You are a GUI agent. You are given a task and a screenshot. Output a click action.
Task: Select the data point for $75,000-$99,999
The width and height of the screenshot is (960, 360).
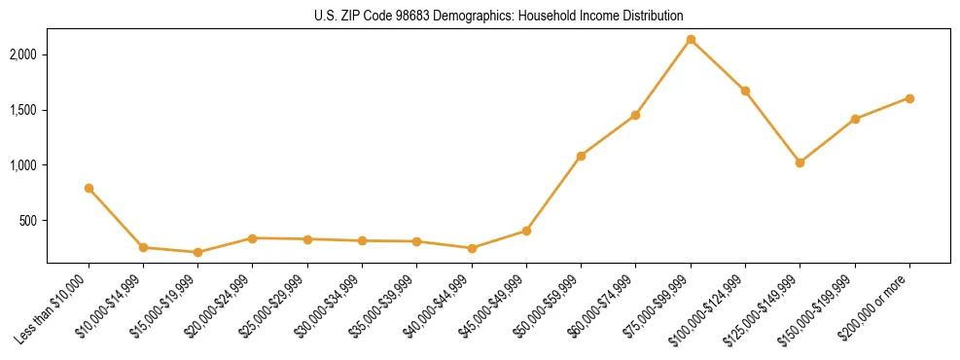tap(691, 40)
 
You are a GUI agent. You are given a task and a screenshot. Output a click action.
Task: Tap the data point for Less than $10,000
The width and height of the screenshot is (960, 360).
tap(89, 188)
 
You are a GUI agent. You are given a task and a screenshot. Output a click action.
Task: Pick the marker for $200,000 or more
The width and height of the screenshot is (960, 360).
tap(909, 98)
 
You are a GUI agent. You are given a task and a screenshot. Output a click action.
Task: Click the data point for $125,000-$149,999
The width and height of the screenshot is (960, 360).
tap(800, 162)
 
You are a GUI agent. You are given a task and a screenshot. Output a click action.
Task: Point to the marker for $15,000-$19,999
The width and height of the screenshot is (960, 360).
tap(198, 252)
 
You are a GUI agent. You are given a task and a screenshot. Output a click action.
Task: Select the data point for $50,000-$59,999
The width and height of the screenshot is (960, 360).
tap(581, 156)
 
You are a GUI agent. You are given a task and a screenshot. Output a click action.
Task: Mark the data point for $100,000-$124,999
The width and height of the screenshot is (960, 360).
tap(745, 90)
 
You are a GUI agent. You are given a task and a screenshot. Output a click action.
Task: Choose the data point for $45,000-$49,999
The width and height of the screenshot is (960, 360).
tap(526, 231)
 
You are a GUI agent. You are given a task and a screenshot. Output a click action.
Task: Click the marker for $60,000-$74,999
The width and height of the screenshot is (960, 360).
tap(635, 115)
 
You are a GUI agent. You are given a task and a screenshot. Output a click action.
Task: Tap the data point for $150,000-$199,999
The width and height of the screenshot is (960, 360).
tap(855, 119)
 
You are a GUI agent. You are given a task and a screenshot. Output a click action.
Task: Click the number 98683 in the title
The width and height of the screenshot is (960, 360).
tap(427, 17)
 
